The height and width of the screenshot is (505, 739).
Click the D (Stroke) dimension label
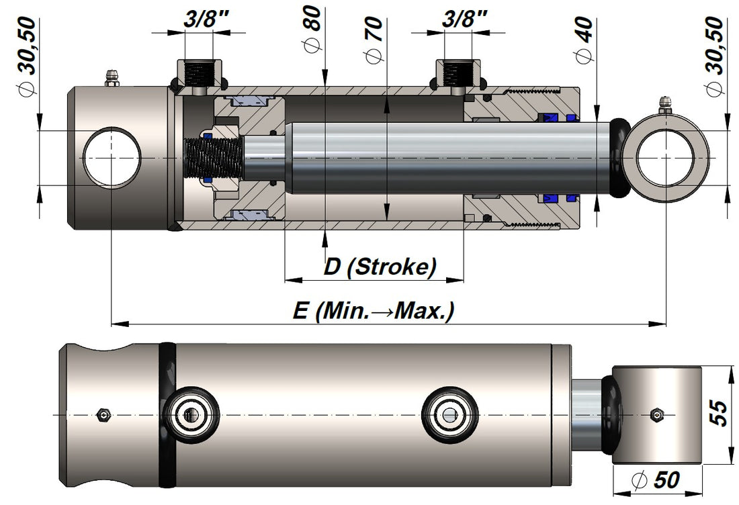coord(380,267)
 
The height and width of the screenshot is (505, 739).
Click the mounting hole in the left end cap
coord(112,158)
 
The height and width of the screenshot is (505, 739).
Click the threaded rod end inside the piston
coord(208,158)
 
